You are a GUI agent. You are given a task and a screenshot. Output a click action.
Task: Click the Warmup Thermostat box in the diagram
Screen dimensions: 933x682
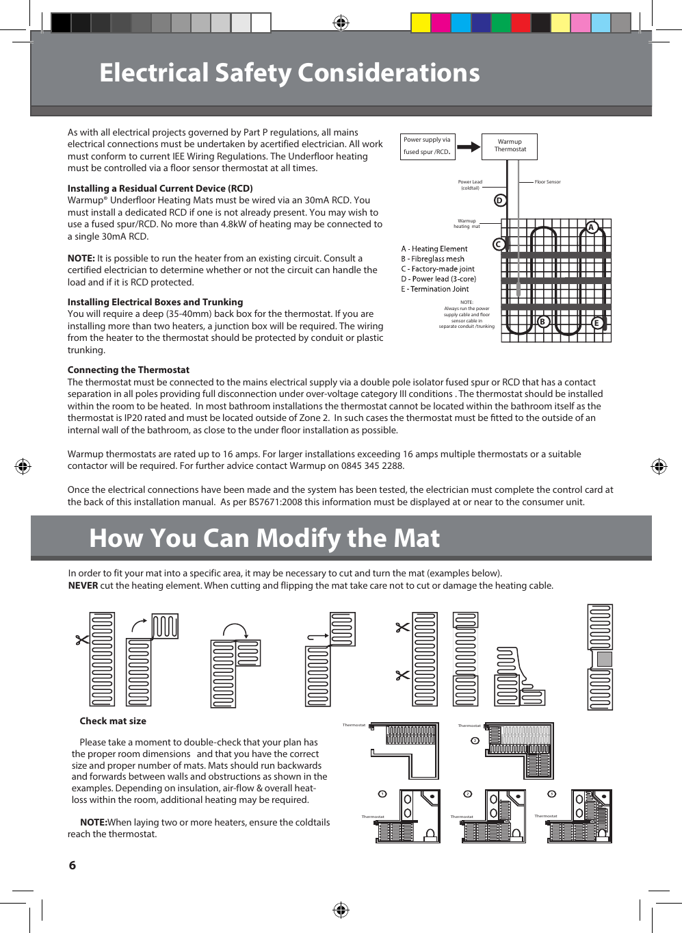[510, 146]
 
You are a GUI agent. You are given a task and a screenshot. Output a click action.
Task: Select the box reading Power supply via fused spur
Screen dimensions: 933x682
[427, 146]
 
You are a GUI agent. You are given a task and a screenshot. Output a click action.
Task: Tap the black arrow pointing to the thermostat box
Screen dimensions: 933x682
[468, 146]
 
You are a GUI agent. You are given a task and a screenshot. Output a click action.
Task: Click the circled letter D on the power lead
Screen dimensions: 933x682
[500, 201]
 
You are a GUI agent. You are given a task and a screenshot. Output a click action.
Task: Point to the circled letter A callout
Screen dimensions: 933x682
[592, 228]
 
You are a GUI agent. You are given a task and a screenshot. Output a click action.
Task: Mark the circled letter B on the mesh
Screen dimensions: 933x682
[543, 322]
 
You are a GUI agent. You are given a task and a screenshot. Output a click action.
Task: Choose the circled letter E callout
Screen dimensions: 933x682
[596, 323]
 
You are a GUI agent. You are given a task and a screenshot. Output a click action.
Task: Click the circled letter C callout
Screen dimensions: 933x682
[499, 244]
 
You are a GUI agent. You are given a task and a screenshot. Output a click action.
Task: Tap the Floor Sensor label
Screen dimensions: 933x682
[547, 182]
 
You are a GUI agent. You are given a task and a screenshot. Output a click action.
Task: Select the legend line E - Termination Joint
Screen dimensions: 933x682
[435, 289]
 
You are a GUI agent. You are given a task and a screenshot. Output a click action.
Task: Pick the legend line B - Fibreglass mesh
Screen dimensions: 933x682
[432, 259]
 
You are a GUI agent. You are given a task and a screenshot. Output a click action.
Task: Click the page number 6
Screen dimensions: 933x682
[73, 865]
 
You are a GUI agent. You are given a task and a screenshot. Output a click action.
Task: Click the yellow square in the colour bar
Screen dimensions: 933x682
[420, 23]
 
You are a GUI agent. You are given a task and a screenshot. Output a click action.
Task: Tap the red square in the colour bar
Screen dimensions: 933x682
[521, 23]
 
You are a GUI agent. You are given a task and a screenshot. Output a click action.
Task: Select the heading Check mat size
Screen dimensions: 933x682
[113, 721]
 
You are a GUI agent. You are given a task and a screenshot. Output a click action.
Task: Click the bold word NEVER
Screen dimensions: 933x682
[83, 585]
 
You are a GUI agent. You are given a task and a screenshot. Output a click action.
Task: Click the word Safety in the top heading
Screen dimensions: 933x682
[253, 73]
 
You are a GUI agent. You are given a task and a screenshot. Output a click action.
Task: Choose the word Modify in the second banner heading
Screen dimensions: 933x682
[296, 539]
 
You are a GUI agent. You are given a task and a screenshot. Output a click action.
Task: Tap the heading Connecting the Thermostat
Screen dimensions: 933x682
[129, 370]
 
